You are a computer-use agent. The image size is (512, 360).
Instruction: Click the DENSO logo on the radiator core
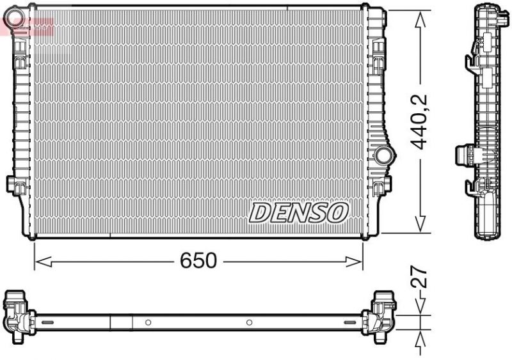pos(298,213)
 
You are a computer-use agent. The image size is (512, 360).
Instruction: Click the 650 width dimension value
pos(198,260)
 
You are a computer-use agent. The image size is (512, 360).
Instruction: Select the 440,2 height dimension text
pos(420,121)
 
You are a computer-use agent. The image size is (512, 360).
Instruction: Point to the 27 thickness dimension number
pos(420,279)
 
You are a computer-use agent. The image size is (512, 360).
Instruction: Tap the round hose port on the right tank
pos(384,155)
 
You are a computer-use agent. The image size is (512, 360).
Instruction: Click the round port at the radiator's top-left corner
pos(18,14)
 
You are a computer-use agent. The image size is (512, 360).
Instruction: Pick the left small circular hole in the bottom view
pos(148,322)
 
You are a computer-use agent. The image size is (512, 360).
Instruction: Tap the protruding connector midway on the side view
pos(465,155)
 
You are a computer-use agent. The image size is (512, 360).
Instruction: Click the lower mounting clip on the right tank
pos(384,185)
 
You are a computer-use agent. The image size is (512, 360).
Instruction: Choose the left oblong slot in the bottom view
pos(46,322)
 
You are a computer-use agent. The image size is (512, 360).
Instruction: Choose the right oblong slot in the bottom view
pos(352,322)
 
